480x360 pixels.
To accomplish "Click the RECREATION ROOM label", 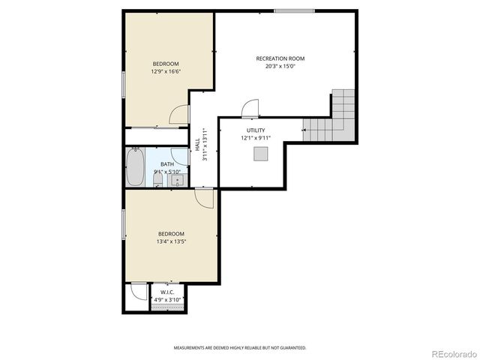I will coord(280,58).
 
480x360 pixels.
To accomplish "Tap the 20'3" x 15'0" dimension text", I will coord(280,66).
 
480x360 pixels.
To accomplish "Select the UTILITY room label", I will coord(256,130).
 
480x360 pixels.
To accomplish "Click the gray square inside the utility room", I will coord(260,154).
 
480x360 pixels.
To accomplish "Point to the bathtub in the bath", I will coord(135,167).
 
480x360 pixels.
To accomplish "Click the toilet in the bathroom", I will coord(157,180).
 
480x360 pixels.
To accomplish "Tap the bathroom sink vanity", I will coord(178,180).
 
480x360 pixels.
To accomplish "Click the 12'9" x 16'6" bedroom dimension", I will coord(166,72).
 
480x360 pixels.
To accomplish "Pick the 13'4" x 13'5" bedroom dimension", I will coord(171,241).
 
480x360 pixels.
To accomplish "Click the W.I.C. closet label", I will coord(167,292).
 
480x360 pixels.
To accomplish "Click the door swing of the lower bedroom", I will coord(204,197).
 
